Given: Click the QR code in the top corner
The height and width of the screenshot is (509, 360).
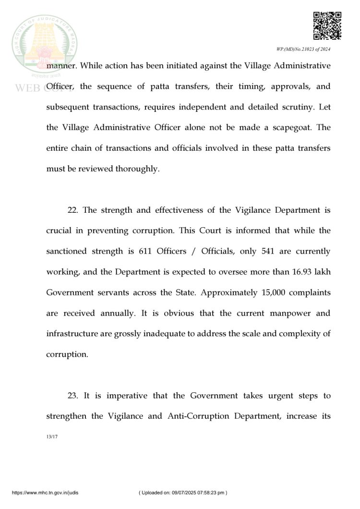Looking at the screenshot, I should click(x=327, y=25).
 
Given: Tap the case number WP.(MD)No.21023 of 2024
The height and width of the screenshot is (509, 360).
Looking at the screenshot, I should click(x=303, y=49).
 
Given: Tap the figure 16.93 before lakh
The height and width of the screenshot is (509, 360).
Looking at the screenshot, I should click(x=301, y=272).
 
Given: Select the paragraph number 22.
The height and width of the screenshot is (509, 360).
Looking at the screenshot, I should click(x=73, y=210).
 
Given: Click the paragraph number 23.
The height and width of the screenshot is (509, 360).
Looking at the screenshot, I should click(x=73, y=396).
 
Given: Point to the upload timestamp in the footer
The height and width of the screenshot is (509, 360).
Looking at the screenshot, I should click(x=183, y=492).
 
